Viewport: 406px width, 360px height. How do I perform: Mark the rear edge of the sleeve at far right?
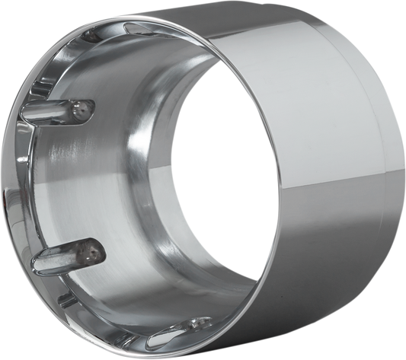[403, 190]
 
